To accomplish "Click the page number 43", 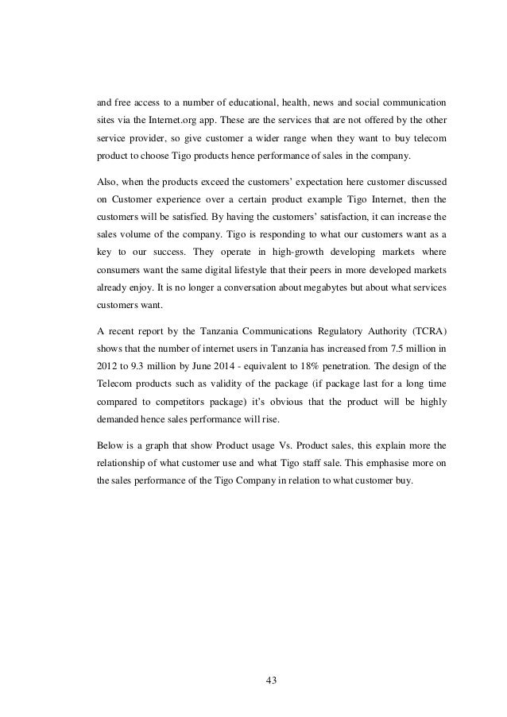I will click(x=253, y=680).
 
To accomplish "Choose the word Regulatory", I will click(x=296, y=329).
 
